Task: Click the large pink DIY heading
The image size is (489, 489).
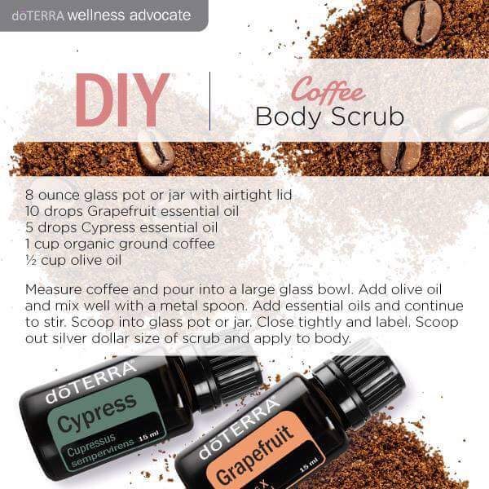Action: pos(122,99)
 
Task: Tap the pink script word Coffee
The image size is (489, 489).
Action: pos(328,90)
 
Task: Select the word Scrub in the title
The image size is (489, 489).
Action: pos(368,117)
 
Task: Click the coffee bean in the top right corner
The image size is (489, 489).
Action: pos(422,23)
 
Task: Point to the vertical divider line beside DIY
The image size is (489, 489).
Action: pos(210,101)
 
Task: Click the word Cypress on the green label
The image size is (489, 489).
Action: pos(97,412)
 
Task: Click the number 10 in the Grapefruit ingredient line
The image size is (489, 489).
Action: pos(32,211)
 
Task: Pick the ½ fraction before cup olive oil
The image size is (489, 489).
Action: pos(31,260)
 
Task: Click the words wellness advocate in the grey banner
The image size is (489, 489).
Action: pos(129,15)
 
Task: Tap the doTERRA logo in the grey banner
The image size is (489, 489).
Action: pos(38,15)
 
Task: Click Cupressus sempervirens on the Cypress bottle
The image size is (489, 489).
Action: pos(99,449)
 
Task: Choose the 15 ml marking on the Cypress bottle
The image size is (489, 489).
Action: pos(149,436)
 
